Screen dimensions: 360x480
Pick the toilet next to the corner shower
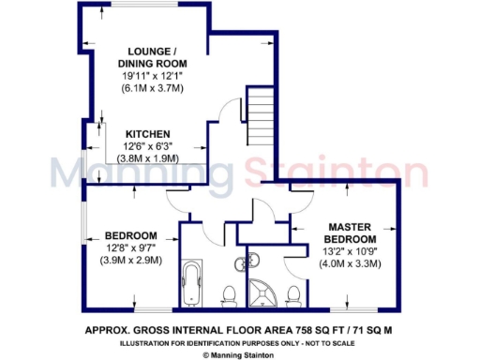tap(293, 296)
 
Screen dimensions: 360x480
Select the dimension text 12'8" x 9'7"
tap(130, 247)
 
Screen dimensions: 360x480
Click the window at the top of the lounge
tap(142, 7)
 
